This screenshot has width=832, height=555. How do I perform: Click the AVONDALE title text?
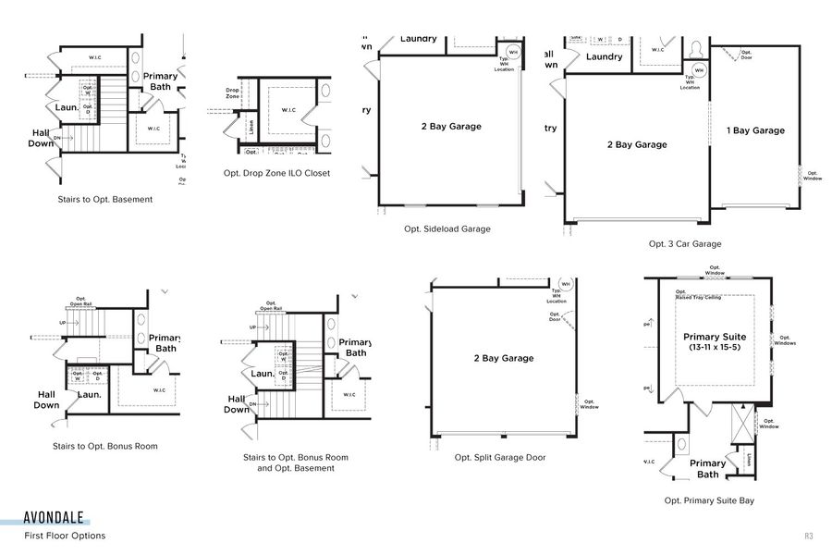click(55, 518)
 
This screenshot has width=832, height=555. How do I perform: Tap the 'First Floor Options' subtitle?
click(65, 536)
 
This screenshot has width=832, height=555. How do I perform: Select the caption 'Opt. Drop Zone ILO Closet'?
click(276, 173)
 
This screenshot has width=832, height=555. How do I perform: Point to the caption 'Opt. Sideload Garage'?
click(447, 228)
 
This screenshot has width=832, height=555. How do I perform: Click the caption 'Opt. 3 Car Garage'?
click(685, 244)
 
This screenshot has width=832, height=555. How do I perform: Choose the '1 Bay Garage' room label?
click(755, 130)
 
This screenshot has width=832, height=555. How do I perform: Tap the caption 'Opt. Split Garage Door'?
click(500, 457)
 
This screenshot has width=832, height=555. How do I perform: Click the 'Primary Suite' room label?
click(715, 337)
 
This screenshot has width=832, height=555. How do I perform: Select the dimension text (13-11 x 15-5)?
click(715, 347)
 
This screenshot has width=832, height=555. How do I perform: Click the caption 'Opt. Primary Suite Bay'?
click(709, 500)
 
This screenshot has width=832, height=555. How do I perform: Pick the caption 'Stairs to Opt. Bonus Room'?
click(105, 446)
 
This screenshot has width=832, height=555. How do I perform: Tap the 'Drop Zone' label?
click(232, 93)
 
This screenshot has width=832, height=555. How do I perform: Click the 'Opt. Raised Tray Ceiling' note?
click(698, 295)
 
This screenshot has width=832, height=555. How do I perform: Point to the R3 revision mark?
click(807, 536)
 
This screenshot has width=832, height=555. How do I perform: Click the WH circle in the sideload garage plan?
click(513, 52)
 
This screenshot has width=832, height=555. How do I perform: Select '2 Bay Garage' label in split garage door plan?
click(503, 358)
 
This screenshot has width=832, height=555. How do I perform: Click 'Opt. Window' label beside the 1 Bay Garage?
click(812, 176)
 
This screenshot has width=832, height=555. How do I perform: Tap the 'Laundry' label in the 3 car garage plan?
click(604, 56)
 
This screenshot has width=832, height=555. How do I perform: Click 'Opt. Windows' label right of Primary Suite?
click(787, 340)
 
